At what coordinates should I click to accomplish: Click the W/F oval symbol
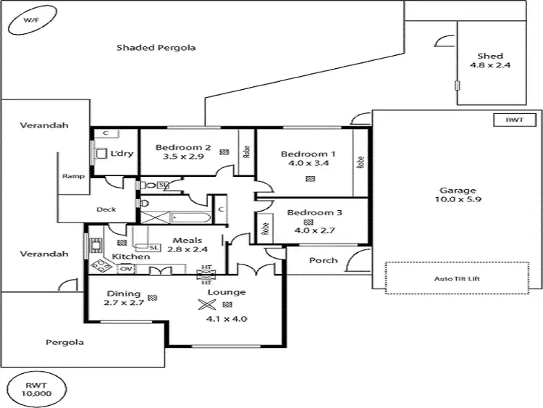[x=31, y=22]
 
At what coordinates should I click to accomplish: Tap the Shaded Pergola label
[x=156, y=48]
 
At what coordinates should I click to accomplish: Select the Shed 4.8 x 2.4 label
[x=490, y=61]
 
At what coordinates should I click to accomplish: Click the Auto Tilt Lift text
[x=456, y=278]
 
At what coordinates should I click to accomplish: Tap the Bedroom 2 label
[x=183, y=151]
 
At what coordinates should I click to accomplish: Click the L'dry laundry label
[x=118, y=153]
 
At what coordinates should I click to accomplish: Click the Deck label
[x=106, y=209]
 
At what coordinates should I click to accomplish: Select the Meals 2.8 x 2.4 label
[x=187, y=245]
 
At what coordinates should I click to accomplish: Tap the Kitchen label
[x=131, y=257]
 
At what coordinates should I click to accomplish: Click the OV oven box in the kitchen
[x=126, y=269]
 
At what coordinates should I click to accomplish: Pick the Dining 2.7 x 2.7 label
[x=124, y=299]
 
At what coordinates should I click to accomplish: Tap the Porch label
[x=323, y=260]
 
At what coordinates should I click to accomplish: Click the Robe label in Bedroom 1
[x=361, y=163]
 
